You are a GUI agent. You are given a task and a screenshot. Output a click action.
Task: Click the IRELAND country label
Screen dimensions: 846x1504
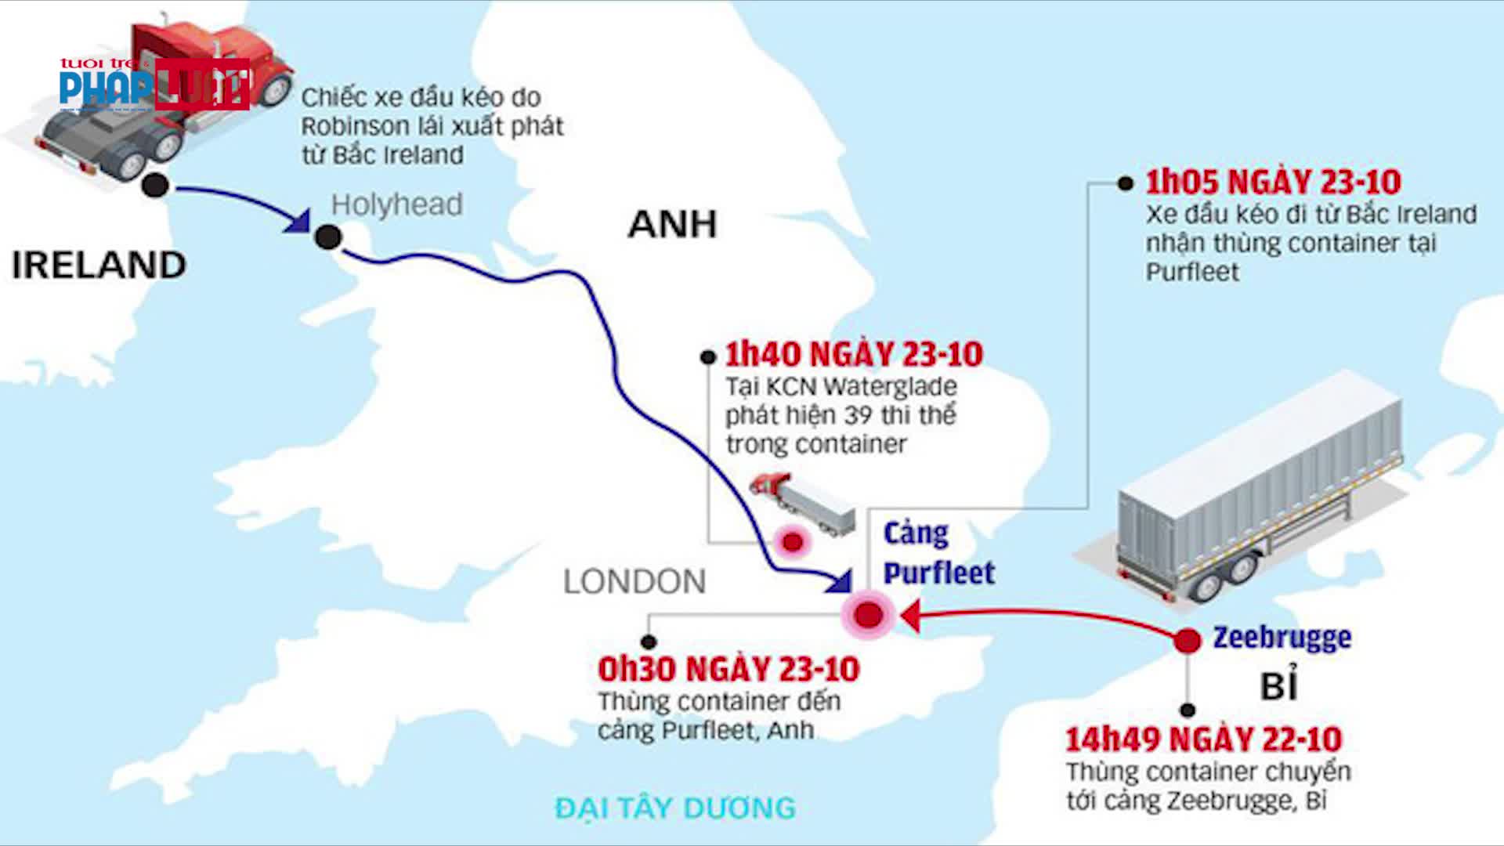click(x=99, y=266)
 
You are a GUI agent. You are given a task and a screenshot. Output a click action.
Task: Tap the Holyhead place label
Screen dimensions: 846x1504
click(x=396, y=204)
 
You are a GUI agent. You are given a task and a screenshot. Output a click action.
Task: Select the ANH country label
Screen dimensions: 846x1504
click(x=672, y=225)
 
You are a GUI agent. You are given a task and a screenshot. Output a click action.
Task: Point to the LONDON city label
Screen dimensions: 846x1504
click(x=634, y=582)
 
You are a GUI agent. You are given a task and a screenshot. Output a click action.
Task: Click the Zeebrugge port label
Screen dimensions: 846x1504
click(x=1282, y=638)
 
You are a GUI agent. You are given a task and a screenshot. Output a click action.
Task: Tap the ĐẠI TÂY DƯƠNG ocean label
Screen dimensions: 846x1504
click(x=675, y=808)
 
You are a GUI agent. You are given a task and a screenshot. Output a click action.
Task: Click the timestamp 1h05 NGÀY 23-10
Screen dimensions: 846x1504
click(x=1273, y=183)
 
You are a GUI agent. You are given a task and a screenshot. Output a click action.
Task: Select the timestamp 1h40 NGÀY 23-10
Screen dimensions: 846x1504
click(x=854, y=355)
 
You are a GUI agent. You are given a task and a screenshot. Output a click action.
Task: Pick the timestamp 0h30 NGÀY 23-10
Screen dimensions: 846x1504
click(x=728, y=670)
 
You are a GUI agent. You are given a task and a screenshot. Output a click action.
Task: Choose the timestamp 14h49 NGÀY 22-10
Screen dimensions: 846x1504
click(x=1203, y=739)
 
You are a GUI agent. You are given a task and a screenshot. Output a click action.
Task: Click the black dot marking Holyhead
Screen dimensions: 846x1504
click(x=328, y=237)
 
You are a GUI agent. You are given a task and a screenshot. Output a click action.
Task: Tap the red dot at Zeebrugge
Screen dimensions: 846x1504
click(x=1188, y=641)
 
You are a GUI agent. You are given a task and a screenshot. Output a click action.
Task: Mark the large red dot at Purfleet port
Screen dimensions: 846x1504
click(x=868, y=615)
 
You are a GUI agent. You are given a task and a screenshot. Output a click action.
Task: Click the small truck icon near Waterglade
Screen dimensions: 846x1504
click(x=803, y=502)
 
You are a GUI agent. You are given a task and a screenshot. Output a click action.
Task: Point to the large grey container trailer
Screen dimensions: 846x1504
click(x=1253, y=486)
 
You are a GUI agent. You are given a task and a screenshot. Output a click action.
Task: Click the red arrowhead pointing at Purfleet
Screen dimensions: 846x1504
click(x=910, y=616)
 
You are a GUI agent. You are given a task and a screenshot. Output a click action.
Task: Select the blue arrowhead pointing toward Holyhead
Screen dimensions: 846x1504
click(x=298, y=222)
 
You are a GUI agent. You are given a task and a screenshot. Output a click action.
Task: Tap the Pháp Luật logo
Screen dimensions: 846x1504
click(x=154, y=84)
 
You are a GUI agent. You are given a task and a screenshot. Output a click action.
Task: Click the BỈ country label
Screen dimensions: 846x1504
click(x=1278, y=686)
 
